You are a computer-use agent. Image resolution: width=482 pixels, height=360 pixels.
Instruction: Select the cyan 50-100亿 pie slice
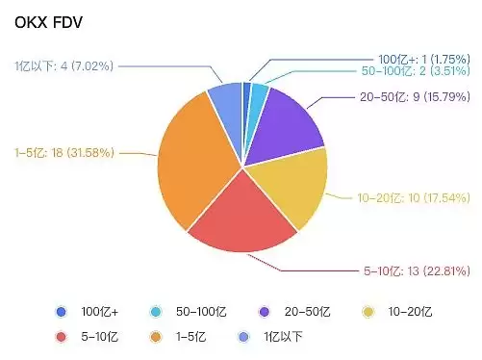coord(258,96)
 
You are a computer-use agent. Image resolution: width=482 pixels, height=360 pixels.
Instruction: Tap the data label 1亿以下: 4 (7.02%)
coord(65,65)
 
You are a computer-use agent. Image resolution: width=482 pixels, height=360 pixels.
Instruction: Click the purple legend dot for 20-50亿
coord(264,312)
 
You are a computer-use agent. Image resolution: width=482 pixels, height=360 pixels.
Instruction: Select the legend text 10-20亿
coord(410,312)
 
